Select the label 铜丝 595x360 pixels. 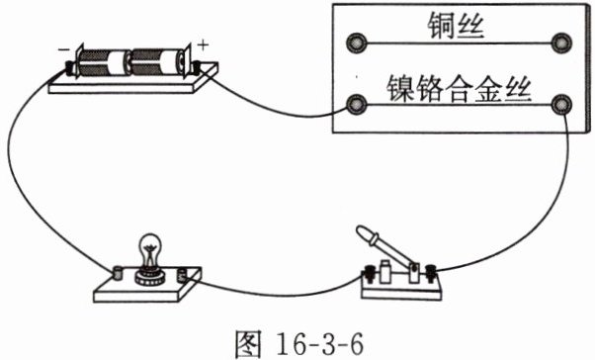456,26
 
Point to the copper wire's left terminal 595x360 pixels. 357,43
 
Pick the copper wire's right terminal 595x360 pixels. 561,43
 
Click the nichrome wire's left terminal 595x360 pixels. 357,105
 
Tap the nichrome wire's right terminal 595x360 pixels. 561,105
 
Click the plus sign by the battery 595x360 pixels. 204,45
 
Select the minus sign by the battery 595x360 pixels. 62,49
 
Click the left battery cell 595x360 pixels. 103,62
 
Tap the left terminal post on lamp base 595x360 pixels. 119,273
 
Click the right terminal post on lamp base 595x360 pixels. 183,275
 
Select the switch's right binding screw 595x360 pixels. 430,273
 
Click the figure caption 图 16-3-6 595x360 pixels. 299,343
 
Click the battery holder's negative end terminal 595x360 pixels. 70,67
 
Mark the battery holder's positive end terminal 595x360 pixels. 197,67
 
